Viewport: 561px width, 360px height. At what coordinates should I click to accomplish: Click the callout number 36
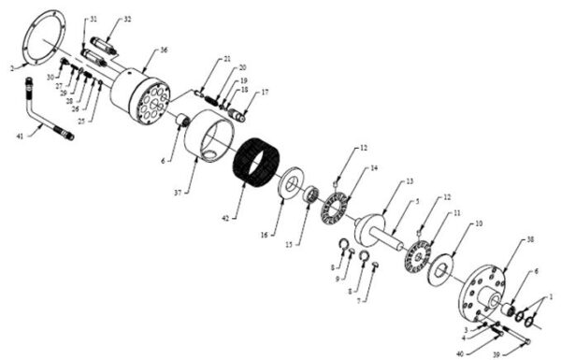(164, 50)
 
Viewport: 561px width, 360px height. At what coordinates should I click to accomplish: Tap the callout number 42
(224, 219)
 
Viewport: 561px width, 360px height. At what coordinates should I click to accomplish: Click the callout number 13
(410, 181)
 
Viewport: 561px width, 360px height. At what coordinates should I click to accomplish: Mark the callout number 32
(127, 19)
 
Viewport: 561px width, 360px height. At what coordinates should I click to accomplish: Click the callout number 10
(478, 224)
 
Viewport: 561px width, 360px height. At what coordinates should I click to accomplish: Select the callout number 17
(265, 93)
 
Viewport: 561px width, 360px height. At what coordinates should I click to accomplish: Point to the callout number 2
(12, 67)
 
